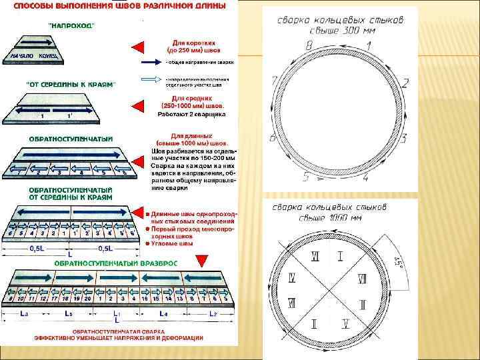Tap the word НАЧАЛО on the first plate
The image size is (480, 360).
click(22, 56)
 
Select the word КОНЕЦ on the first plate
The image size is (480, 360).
click(52, 56)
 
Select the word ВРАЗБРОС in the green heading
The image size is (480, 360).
click(155, 263)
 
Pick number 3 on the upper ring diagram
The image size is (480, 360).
click(404, 138)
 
